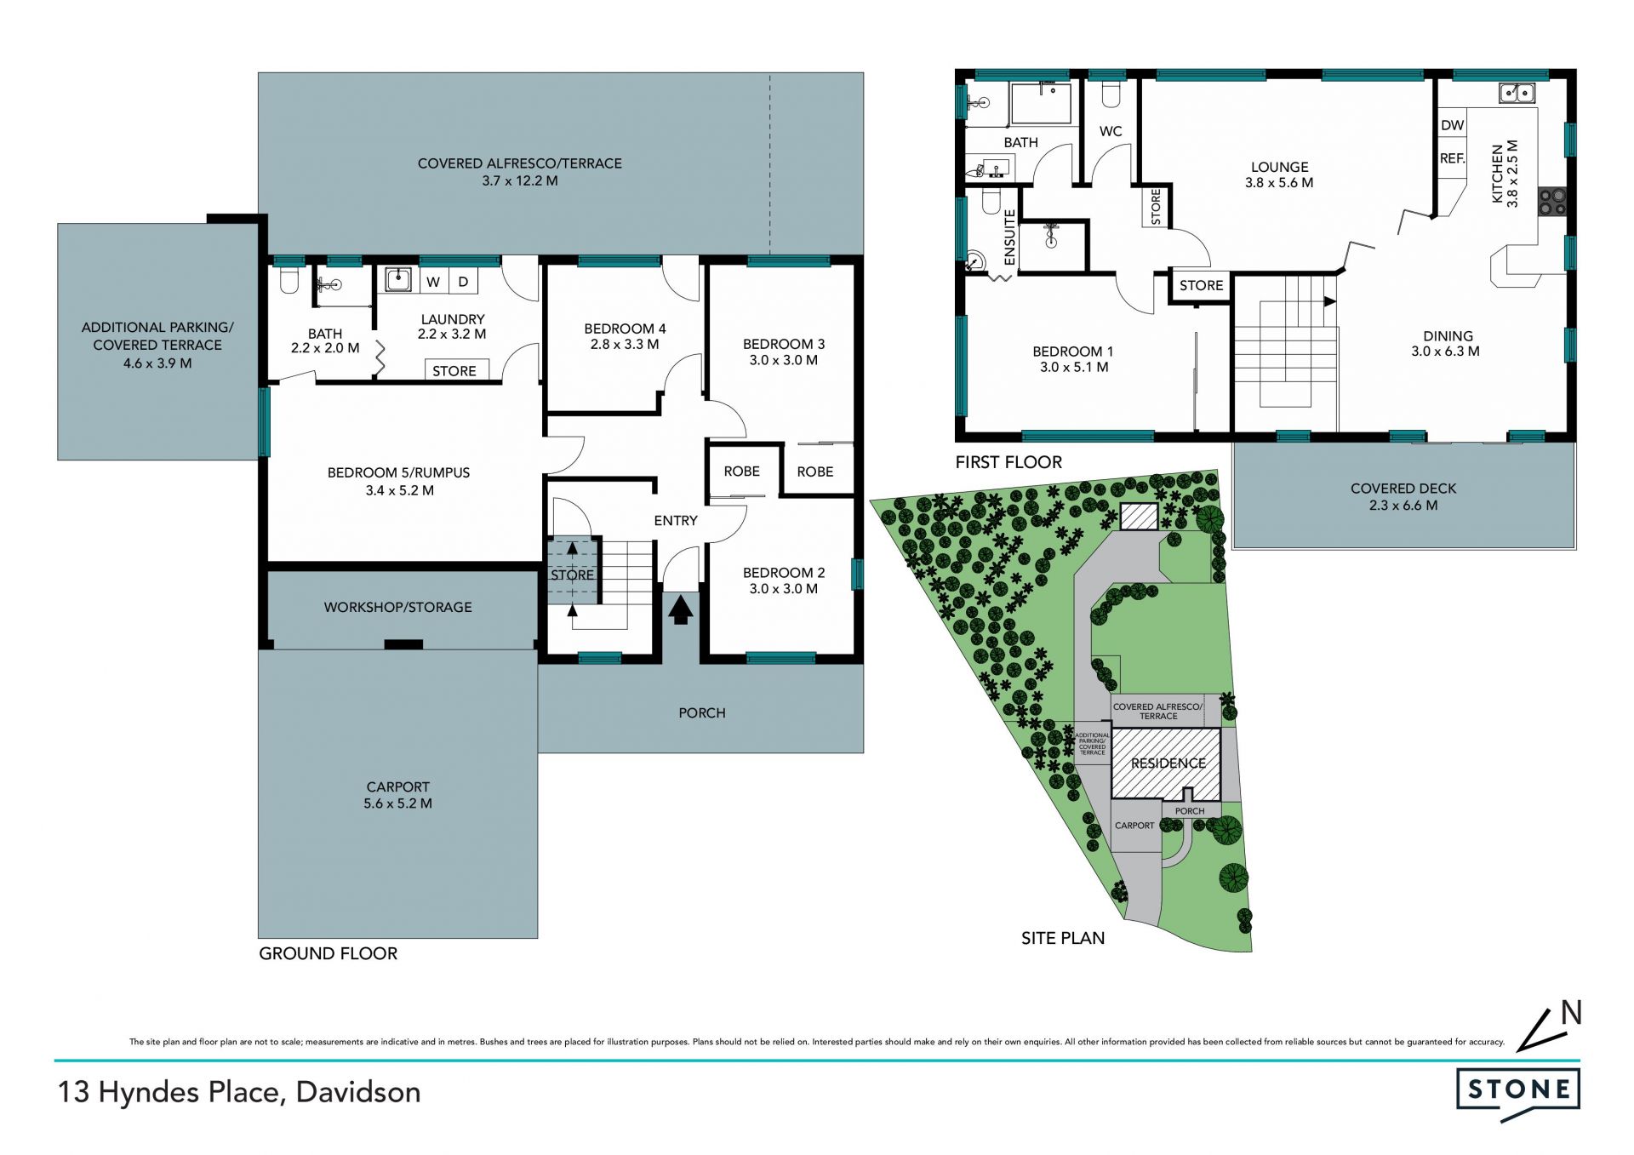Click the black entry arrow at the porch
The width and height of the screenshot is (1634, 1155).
click(x=680, y=610)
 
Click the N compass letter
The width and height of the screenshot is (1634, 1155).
click(x=1571, y=1013)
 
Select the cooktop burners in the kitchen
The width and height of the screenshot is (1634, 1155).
click(x=1551, y=201)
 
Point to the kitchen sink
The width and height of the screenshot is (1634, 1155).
click(x=1516, y=92)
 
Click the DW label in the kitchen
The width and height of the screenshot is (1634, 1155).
click(x=1453, y=125)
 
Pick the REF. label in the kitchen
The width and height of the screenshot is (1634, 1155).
click(x=1453, y=158)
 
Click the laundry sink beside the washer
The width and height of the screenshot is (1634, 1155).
click(x=397, y=279)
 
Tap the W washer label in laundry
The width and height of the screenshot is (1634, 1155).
click(x=433, y=282)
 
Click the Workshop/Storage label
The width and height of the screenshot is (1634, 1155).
click(x=397, y=607)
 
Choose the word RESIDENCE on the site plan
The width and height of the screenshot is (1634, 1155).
click(x=1168, y=763)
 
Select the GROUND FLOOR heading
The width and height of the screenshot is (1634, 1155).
click(x=329, y=953)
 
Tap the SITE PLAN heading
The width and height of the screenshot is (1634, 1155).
click(x=1063, y=938)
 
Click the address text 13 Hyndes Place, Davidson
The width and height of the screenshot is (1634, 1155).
click(x=239, y=1093)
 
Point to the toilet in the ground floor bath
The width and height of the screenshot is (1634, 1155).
click(x=289, y=280)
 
